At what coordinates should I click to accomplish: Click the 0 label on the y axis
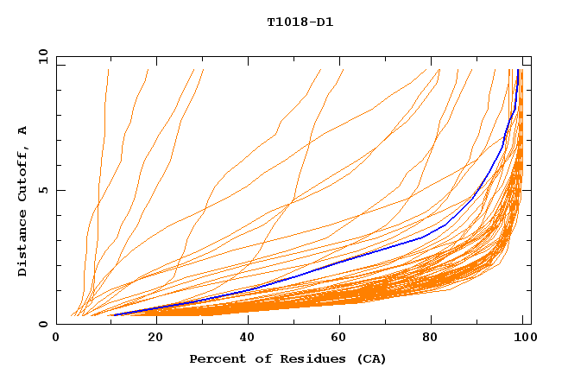click(x=42, y=324)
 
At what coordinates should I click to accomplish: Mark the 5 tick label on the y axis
click(x=42, y=190)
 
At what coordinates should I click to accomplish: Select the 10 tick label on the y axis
click(x=42, y=57)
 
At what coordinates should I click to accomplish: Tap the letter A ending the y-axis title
click(x=23, y=130)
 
